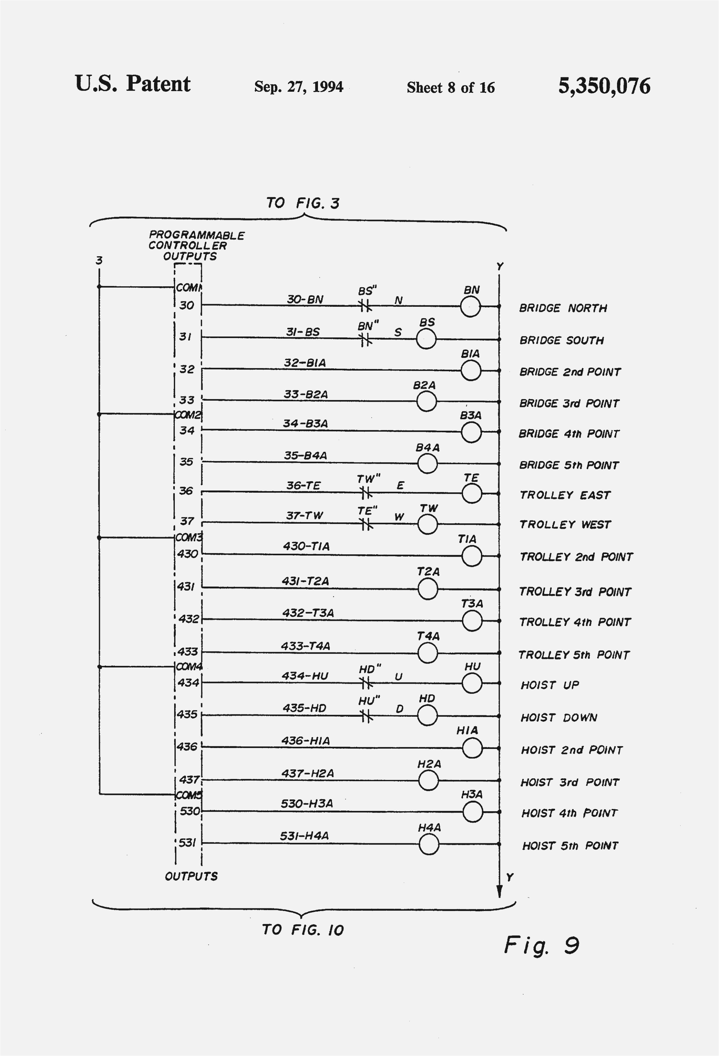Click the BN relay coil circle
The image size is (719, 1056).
point(470,307)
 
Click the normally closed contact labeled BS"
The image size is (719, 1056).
point(365,306)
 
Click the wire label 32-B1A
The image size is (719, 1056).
point(305,363)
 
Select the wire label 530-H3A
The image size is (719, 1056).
point(306,803)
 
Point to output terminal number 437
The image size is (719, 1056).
point(189,780)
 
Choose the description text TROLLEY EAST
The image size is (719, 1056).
point(565,495)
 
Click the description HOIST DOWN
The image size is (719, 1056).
point(559,718)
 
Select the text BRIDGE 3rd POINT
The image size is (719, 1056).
point(569,404)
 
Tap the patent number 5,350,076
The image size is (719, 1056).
point(604,86)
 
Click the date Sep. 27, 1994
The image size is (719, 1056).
point(298,86)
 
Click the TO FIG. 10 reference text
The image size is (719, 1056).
point(303,930)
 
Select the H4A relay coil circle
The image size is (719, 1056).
point(429,845)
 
